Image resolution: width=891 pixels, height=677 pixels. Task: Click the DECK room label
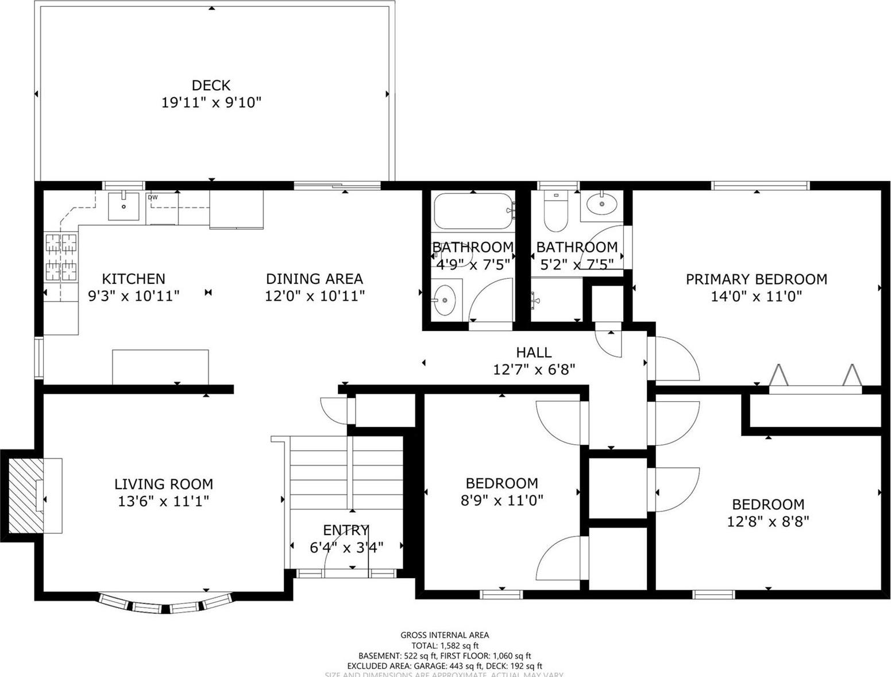tap(211, 85)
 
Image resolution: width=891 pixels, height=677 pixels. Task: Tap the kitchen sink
tap(124, 206)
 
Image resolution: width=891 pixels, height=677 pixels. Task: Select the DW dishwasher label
tap(152, 198)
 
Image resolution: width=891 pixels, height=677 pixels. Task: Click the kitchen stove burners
tap(61, 257)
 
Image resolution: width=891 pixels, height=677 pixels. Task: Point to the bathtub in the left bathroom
tap(473, 211)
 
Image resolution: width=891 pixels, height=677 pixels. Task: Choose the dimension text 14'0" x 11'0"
tap(756, 297)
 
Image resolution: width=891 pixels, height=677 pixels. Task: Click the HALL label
tap(533, 352)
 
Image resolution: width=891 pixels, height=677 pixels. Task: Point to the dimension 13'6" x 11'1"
tap(163, 501)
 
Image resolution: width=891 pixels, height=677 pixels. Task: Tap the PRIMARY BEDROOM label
tap(756, 279)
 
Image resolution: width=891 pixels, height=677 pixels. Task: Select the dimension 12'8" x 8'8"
tap(767, 521)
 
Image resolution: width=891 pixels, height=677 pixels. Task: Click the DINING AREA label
tap(314, 279)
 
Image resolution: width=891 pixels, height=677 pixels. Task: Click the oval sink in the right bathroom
tap(601, 204)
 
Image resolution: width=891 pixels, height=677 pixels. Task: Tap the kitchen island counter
tap(160, 366)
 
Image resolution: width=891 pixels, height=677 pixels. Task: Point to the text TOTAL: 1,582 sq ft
tap(445, 645)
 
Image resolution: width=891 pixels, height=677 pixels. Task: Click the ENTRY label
tap(345, 530)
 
